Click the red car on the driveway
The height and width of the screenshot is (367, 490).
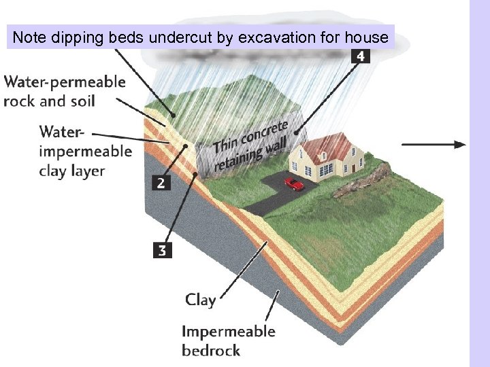coord(294,183)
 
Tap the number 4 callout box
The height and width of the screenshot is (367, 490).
coord(360,56)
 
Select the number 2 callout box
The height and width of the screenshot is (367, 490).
coord(161,183)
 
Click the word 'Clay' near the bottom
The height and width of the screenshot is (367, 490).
coord(200,299)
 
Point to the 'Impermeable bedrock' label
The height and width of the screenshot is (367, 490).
coord(228,340)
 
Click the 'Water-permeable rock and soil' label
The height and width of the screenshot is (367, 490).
coord(65,92)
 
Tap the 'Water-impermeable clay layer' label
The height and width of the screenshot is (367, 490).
coord(85,150)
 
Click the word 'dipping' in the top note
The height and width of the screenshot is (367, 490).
coord(78,37)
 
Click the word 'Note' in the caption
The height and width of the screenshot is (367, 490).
coord(29,37)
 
